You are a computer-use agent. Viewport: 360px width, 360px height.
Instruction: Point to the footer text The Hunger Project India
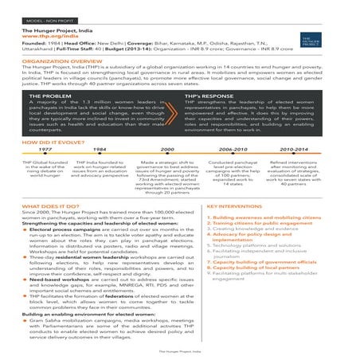(179, 350)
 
